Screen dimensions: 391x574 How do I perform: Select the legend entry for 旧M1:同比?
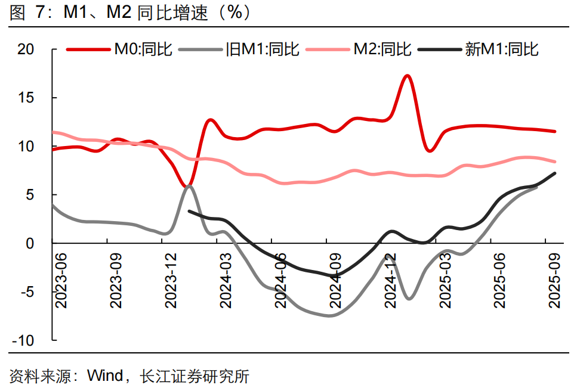click(262, 49)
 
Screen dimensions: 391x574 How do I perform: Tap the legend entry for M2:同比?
click(382, 49)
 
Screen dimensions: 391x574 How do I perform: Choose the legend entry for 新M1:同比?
click(501, 49)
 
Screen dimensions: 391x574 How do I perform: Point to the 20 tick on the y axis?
click(27, 49)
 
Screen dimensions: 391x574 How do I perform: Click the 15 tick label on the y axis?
click(27, 98)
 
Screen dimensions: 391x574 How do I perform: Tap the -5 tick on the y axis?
click(27, 292)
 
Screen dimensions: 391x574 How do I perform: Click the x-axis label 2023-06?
click(60, 280)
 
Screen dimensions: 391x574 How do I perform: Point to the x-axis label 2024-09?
click(335, 280)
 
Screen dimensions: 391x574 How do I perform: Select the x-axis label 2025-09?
click(555, 280)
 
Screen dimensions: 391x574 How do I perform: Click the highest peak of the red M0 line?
click(408, 76)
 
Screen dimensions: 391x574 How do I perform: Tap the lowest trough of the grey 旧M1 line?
click(329, 315)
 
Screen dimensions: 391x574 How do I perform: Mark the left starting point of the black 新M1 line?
click(189, 211)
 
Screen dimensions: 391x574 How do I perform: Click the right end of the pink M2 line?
click(556, 162)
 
